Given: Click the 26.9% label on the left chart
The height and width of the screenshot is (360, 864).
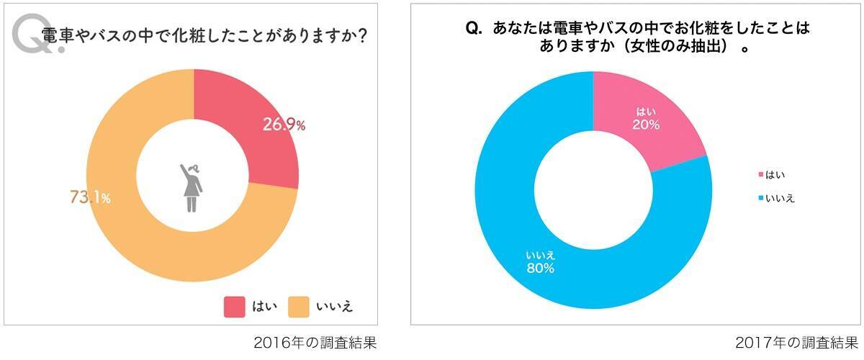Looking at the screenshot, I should (x=283, y=125).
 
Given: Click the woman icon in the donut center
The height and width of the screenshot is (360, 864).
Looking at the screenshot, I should (x=192, y=187).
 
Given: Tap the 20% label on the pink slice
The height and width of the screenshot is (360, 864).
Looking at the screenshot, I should (x=645, y=125).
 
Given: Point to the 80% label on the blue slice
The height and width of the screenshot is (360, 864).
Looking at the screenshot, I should (x=540, y=269).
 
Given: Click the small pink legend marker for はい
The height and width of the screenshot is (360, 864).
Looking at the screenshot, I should (x=760, y=174).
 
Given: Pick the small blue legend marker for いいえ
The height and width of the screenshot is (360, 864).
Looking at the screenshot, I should (x=760, y=198).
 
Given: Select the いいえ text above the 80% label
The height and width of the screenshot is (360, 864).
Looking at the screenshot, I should (x=540, y=255).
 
